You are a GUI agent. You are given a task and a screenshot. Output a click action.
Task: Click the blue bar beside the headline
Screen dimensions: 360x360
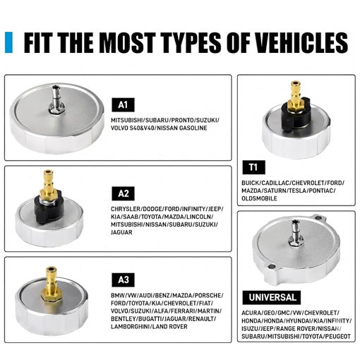click(8, 42)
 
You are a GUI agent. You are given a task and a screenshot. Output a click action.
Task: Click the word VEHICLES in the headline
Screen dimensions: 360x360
click(298, 42)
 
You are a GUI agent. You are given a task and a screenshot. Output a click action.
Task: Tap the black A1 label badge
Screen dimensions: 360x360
click(123, 105)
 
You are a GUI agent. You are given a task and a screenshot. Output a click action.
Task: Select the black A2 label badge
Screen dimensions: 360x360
click(123, 193)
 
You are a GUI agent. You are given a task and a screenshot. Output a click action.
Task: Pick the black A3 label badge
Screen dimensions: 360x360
click(123, 280)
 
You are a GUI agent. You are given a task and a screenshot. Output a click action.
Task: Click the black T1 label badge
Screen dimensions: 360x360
click(253, 167)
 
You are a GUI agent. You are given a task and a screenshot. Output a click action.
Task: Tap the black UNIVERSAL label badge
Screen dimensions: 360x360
click(272, 297)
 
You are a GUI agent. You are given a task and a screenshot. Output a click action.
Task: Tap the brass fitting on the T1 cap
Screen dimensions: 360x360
click(295, 95)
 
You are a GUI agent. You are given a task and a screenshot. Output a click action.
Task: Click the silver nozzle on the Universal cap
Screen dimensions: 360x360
click(296, 233)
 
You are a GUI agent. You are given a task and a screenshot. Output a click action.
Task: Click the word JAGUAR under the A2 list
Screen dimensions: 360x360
click(121, 232)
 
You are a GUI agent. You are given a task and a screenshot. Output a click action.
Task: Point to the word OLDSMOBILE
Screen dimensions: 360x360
click(259, 198)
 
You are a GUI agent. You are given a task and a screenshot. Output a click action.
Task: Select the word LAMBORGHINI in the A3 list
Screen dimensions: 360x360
click(130, 327)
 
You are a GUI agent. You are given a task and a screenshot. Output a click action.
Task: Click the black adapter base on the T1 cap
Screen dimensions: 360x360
click(295, 114)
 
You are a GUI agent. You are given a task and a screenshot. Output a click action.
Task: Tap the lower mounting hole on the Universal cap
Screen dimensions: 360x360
click(271, 267)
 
